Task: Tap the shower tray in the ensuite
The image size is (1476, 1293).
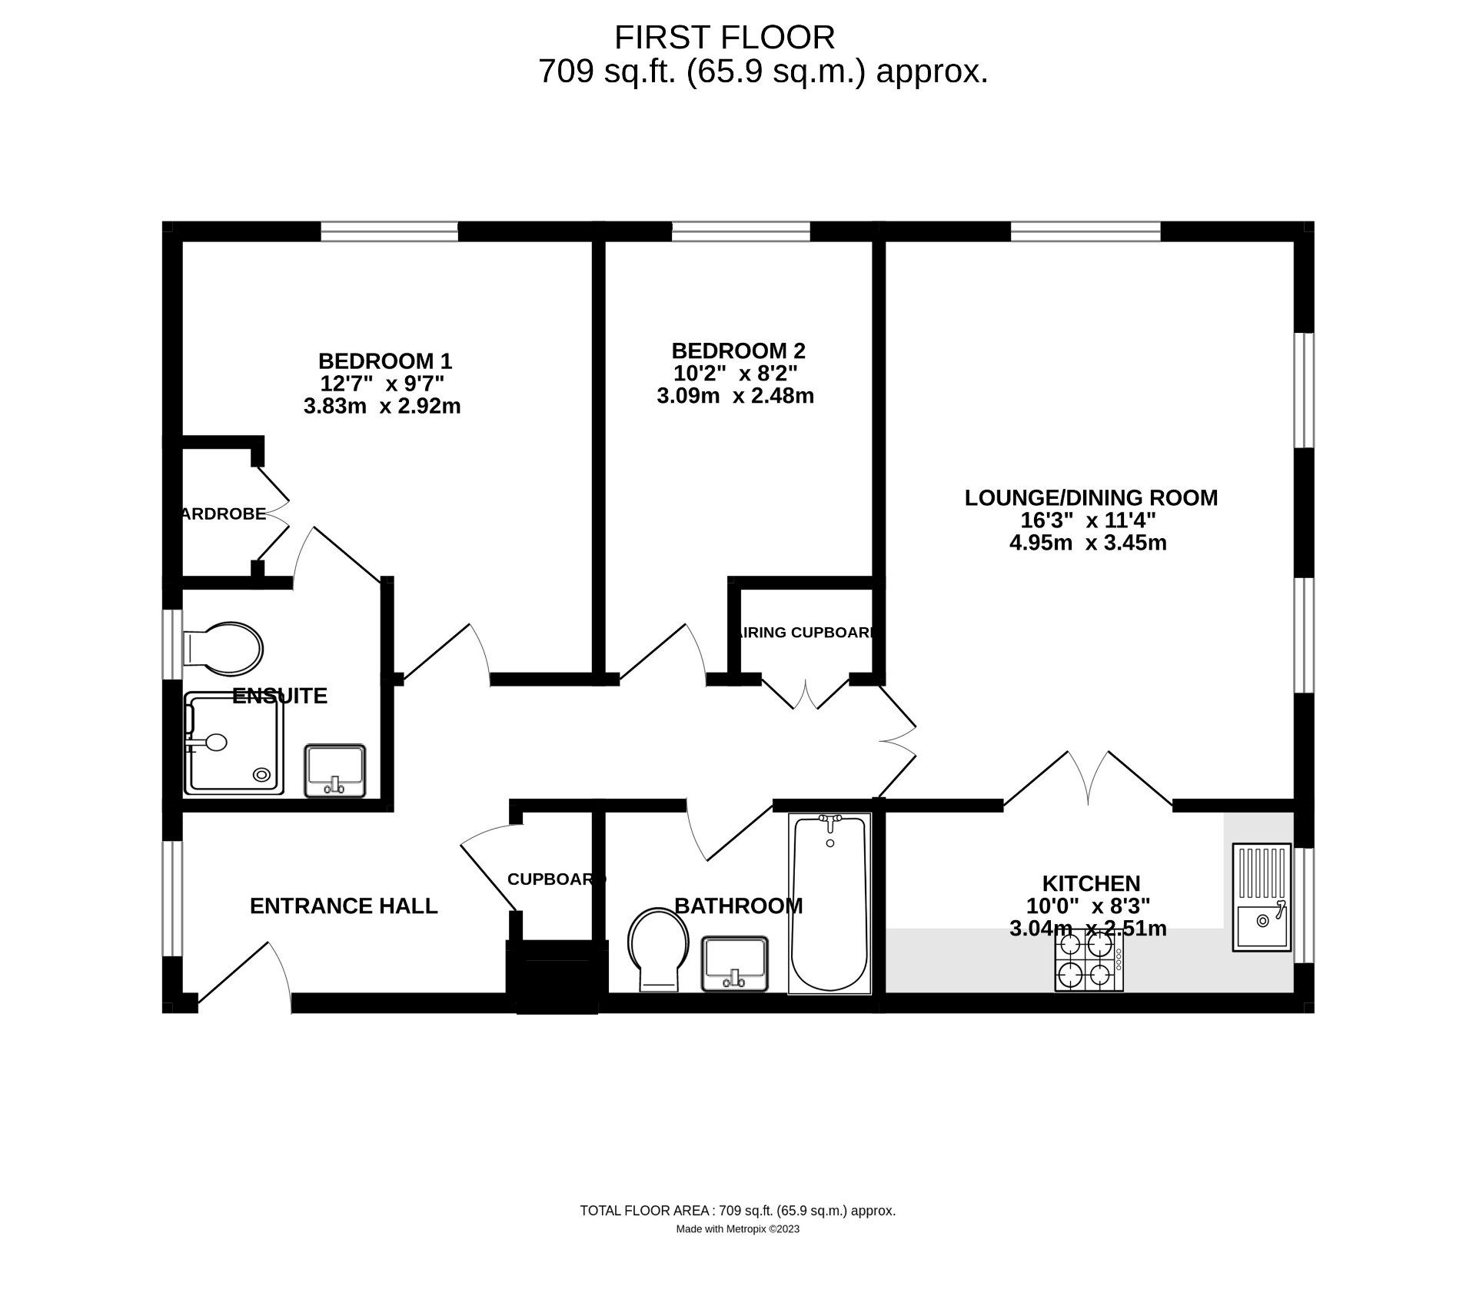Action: pyautogui.click(x=234, y=743)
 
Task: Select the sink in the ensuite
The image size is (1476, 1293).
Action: pyautogui.click(x=335, y=770)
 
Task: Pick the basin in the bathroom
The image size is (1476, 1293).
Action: pyautogui.click(x=734, y=963)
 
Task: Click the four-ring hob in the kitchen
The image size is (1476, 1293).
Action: pyautogui.click(x=1089, y=960)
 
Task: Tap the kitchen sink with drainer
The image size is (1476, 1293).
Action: pyautogui.click(x=1262, y=898)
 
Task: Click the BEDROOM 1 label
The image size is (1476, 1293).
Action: pyautogui.click(x=385, y=361)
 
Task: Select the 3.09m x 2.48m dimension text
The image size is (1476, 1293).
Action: pyautogui.click(x=736, y=396)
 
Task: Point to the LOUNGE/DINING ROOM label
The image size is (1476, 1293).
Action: pyautogui.click(x=1091, y=498)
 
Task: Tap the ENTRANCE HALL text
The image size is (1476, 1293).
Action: pyautogui.click(x=344, y=906)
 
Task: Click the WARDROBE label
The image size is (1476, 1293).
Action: pyautogui.click(x=224, y=514)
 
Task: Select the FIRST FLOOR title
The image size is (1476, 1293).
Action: pyautogui.click(x=724, y=37)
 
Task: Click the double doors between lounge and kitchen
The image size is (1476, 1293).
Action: pyautogui.click(x=1089, y=780)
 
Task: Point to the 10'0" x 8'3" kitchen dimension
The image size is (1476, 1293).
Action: pyautogui.click(x=1089, y=906)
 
